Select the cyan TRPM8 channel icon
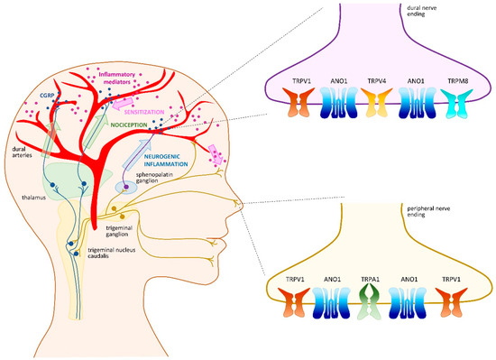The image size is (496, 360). point(460,109)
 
